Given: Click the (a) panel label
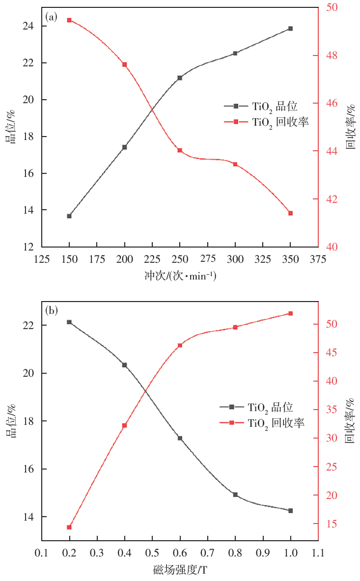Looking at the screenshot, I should tap(52, 18).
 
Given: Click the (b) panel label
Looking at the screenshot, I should tap(52, 310).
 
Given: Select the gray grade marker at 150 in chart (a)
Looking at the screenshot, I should tap(69, 216).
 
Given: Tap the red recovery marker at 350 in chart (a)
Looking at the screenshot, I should tap(290, 213).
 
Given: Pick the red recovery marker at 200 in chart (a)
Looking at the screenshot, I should tap(125, 64).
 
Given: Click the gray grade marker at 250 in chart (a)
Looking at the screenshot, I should tap(180, 78).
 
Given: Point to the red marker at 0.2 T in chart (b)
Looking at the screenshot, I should tap(69, 527).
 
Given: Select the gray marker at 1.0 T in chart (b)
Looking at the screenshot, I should tap(290, 511).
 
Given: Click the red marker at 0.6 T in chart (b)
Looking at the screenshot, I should tap(180, 345).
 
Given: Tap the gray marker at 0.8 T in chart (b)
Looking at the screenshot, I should tap(235, 495).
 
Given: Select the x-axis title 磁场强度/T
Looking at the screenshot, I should tap(180, 570).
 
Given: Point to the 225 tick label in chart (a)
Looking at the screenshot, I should tap(152, 259).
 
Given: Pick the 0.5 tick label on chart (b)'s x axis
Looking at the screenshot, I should tap(152, 553).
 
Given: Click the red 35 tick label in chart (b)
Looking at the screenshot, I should tap(332, 410).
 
